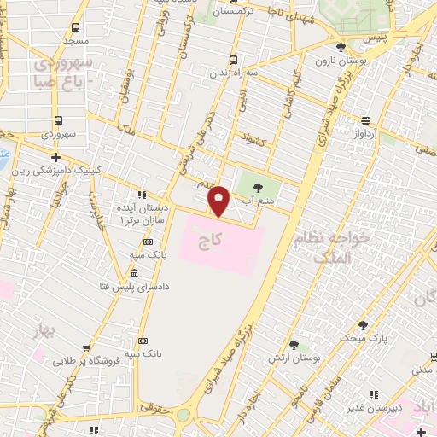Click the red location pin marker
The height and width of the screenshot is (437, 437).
[x=219, y=201]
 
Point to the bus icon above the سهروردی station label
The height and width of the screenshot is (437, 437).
[x=58, y=121]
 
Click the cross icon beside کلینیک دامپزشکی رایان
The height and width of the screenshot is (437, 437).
[x=55, y=157]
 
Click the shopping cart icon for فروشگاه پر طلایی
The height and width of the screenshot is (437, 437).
[x=87, y=347]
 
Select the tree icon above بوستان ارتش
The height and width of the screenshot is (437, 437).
[x=294, y=346]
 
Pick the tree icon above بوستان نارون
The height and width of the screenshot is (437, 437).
[x=341, y=47]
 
